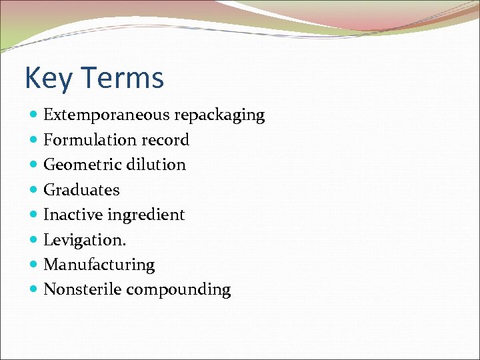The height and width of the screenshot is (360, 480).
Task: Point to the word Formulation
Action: tap(89, 140)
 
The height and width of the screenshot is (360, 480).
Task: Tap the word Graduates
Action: tap(81, 190)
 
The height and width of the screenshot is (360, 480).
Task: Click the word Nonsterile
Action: tap(82, 290)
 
